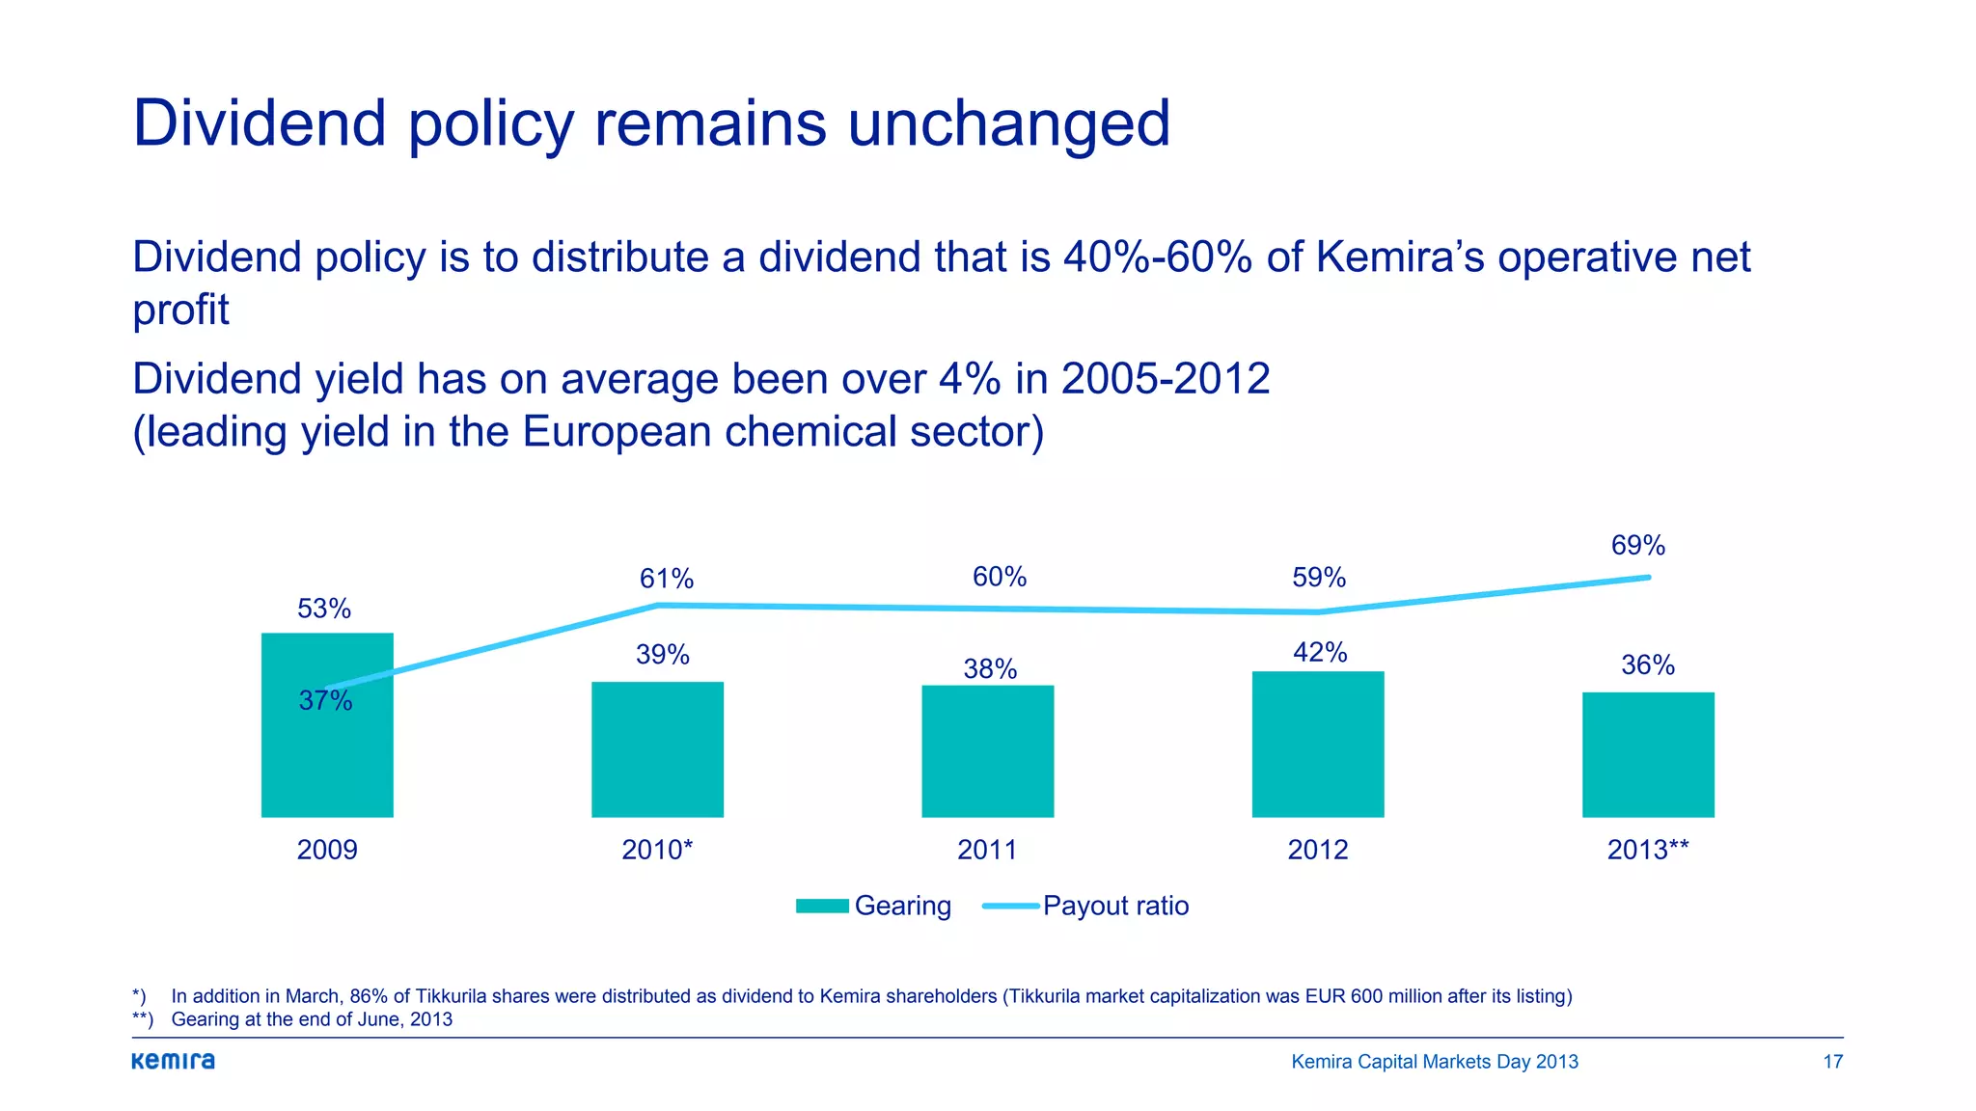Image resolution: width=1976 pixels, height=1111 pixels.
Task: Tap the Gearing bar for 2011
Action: (x=987, y=751)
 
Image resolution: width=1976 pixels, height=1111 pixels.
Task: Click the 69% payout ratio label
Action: (x=1637, y=546)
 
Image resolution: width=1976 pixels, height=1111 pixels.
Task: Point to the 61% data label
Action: (x=666, y=579)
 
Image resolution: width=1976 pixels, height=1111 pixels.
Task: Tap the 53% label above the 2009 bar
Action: (x=324, y=609)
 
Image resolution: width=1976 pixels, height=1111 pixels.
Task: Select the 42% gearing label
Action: (x=1319, y=653)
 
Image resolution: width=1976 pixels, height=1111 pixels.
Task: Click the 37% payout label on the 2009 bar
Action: (x=325, y=701)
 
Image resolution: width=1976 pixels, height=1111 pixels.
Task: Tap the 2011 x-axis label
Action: (x=987, y=850)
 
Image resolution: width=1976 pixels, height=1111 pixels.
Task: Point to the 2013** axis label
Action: (x=1647, y=850)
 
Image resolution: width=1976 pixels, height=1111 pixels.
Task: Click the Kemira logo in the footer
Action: (x=174, y=1061)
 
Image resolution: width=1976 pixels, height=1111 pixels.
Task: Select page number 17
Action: (x=1832, y=1062)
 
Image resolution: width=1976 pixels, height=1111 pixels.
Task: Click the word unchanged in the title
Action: (x=1008, y=123)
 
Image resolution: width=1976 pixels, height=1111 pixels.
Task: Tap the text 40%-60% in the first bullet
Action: (x=1157, y=257)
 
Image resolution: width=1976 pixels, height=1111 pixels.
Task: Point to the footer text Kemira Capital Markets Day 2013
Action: (x=1434, y=1062)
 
